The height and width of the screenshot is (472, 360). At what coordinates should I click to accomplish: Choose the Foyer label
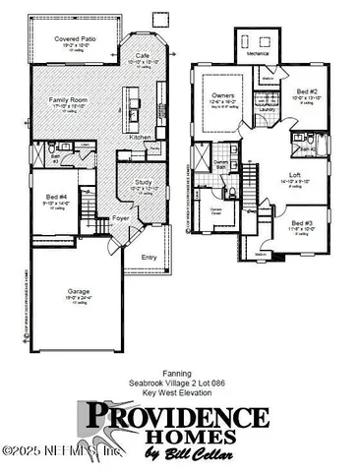[x=120, y=218]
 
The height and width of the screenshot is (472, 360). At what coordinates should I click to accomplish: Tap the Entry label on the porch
[x=149, y=258]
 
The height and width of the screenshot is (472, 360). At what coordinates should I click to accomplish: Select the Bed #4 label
[x=55, y=198]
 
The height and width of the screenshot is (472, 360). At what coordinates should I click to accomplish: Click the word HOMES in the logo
[x=202, y=436]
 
